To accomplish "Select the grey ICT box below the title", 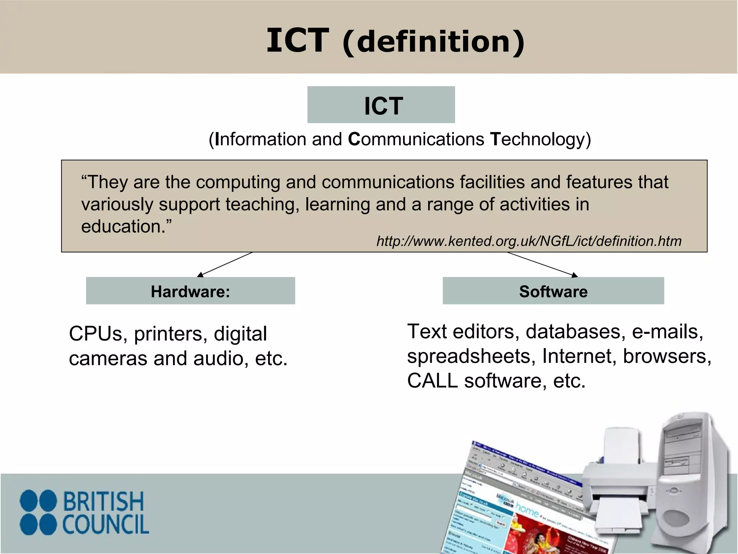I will [381, 105].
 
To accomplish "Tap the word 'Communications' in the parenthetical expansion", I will [416, 139].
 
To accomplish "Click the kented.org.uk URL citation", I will [529, 241].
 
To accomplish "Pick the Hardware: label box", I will [190, 291].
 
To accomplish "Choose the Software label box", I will [553, 291].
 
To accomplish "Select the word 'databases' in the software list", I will [575, 331].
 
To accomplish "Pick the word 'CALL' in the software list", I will [432, 381].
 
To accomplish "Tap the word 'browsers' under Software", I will [667, 356].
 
